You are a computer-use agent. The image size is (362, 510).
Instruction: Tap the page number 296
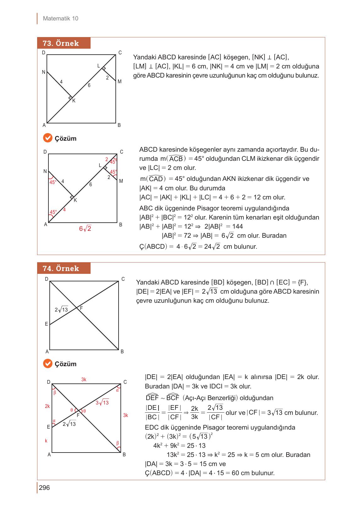pyautogui.click(x=44, y=488)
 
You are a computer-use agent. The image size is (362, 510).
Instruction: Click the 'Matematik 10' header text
pyautogui.click(x=60, y=19)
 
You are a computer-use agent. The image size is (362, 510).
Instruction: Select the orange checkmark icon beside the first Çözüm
pyautogui.click(x=47, y=138)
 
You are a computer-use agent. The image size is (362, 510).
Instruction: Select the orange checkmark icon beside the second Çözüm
pyautogui.click(x=47, y=364)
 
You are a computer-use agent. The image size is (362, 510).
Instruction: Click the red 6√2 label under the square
pyautogui.click(x=85, y=229)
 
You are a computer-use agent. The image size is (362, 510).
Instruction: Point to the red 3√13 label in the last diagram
pyautogui.click(x=102, y=403)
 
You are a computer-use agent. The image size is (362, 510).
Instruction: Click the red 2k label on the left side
pyautogui.click(x=47, y=406)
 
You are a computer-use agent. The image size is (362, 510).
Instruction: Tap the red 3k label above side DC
pyautogui.click(x=84, y=380)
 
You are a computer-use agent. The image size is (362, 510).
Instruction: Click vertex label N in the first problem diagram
pyautogui.click(x=44, y=72)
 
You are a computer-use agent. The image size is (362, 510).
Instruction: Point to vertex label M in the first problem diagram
pyautogui.click(x=120, y=82)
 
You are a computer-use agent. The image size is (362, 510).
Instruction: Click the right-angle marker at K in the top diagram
pyautogui.click(x=70, y=98)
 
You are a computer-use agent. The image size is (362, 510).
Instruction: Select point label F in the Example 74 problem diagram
pyautogui.click(x=81, y=308)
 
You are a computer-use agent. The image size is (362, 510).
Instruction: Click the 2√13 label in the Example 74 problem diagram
pyautogui.click(x=61, y=310)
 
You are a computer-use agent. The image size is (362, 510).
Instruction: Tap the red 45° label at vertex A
pyautogui.click(x=53, y=212)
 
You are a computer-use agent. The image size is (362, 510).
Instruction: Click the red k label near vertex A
pyautogui.click(x=46, y=441)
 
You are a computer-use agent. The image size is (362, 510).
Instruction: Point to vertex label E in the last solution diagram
pyautogui.click(x=48, y=427)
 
